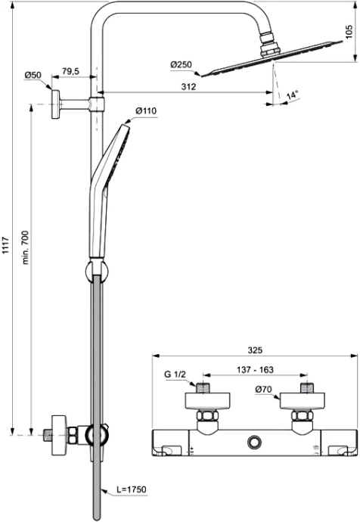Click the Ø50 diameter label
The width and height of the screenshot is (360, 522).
pos(33,75)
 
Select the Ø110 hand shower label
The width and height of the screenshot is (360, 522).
pos(146,111)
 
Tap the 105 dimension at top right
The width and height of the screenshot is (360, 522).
pos(349,31)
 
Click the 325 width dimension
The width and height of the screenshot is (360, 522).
pos(254,350)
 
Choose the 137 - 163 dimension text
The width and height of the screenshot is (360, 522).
pos(256,371)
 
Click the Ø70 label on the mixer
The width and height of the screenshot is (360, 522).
pos(263,390)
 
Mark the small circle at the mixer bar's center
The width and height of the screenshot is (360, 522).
pos(253,440)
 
